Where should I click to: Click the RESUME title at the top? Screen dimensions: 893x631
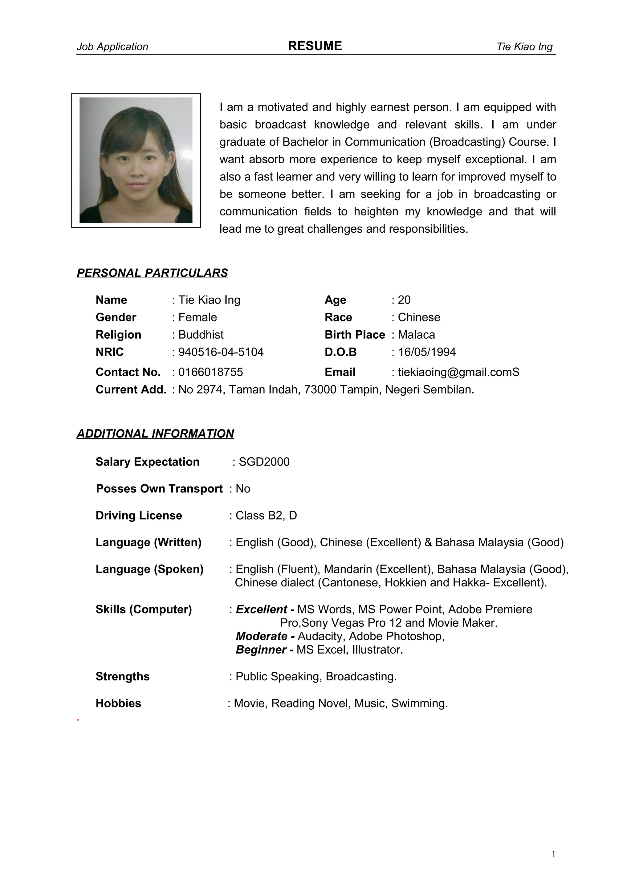[x=315, y=46]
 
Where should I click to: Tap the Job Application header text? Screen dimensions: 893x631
[x=112, y=47]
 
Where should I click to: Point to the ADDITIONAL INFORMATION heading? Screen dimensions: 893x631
[x=155, y=434]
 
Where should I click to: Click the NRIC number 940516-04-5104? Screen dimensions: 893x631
[x=221, y=352]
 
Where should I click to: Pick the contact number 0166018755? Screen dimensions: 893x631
[x=210, y=372]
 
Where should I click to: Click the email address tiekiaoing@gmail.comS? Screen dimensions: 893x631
[x=458, y=372]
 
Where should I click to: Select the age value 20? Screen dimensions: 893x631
[x=404, y=300]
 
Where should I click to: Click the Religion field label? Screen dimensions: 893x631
[x=118, y=335]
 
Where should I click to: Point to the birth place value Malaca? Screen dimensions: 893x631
[x=416, y=335]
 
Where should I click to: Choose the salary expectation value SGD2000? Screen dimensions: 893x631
[x=264, y=462]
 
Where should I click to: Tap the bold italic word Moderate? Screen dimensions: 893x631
[x=262, y=636]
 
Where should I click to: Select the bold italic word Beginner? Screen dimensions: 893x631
[x=261, y=650]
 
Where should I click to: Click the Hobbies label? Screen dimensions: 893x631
[x=118, y=703]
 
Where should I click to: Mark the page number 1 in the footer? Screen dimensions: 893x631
[x=554, y=854]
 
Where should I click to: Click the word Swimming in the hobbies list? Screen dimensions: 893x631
[x=419, y=703]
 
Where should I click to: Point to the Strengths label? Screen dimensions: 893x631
[x=122, y=676]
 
